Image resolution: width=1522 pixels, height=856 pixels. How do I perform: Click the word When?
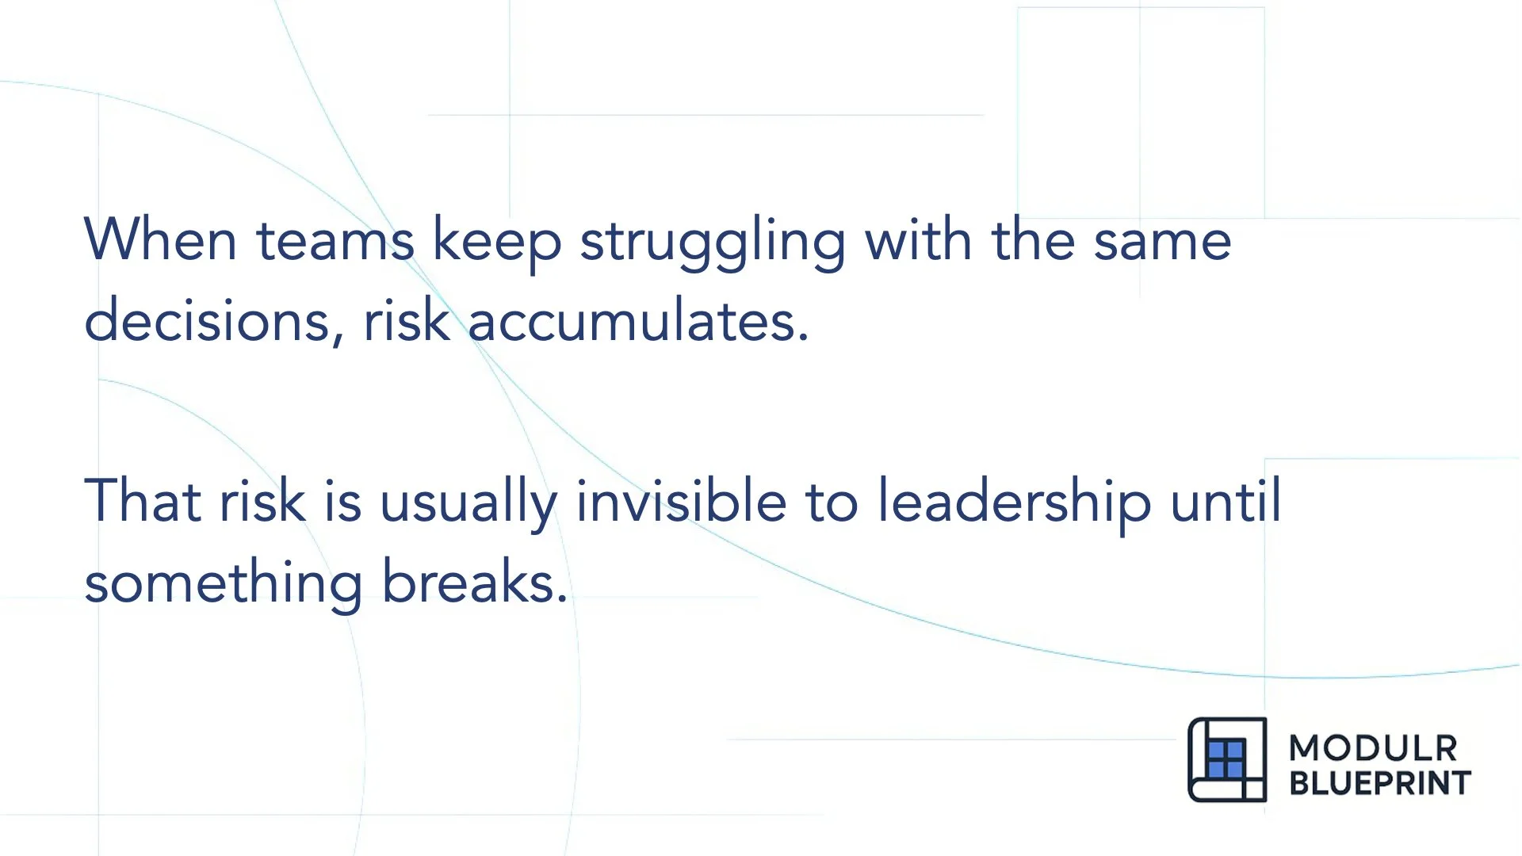pyautogui.click(x=160, y=239)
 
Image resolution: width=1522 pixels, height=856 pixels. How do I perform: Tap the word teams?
pyautogui.click(x=335, y=241)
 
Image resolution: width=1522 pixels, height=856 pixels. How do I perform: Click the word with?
pyautogui.click(x=918, y=239)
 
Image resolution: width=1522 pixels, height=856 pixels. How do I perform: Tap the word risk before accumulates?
pyautogui.click(x=407, y=320)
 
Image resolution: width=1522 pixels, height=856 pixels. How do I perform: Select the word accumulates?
pyautogui.click(x=638, y=322)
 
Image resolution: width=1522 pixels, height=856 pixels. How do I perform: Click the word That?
pyautogui.click(x=142, y=501)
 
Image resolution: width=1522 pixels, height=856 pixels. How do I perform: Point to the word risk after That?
pyautogui.click(x=262, y=501)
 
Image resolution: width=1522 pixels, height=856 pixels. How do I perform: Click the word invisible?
pyautogui.click(x=681, y=501)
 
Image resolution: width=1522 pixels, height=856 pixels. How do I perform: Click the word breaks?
pyautogui.click(x=475, y=582)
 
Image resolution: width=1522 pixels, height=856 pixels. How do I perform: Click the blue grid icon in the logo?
pyautogui.click(x=1226, y=759)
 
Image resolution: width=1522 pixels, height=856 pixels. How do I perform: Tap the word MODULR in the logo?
pyautogui.click(x=1372, y=748)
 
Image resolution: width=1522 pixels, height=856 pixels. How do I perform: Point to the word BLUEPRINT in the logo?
pyautogui.click(x=1379, y=783)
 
